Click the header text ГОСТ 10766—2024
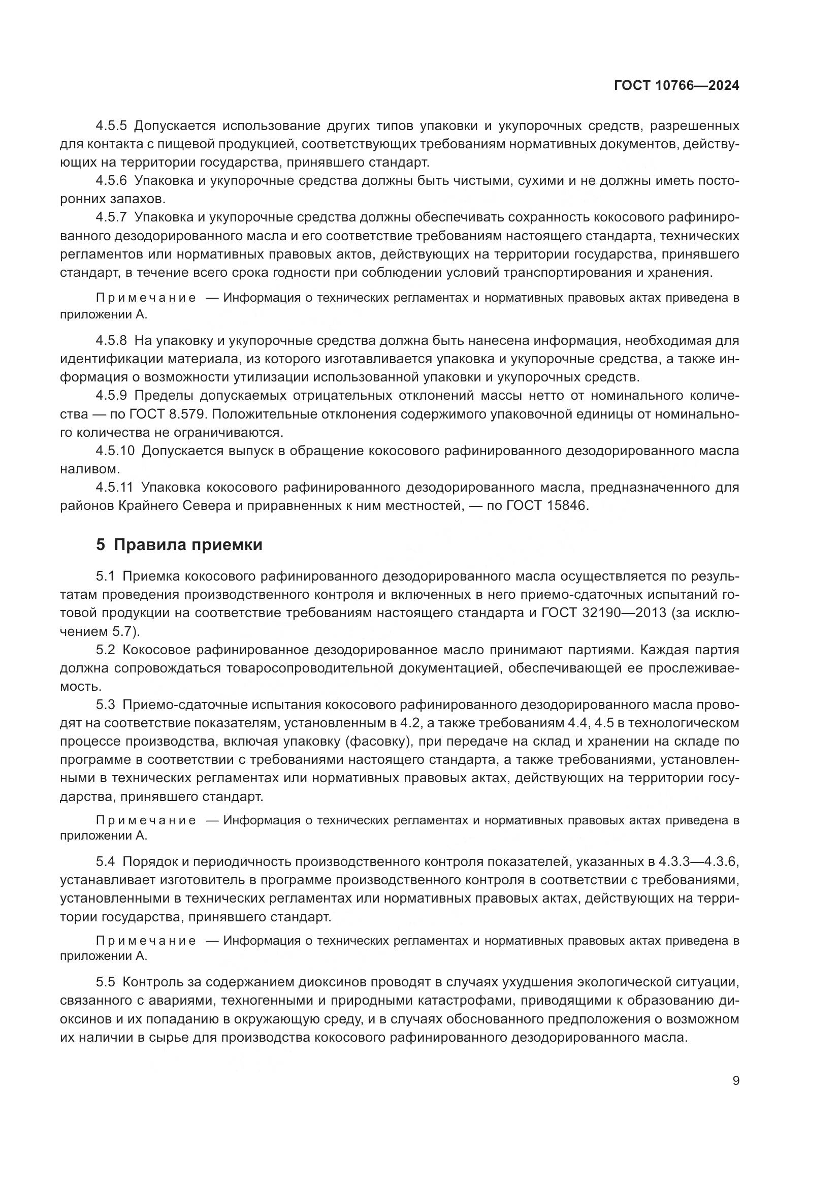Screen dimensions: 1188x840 coord(676,85)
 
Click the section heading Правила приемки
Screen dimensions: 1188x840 coord(188,545)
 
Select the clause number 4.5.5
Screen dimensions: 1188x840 coord(111,126)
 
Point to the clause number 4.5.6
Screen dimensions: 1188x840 coord(111,181)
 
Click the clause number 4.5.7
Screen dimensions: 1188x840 coord(111,217)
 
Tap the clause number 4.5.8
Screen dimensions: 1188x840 coord(111,340)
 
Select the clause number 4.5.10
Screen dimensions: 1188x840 coord(115,451)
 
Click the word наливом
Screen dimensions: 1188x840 coord(89,469)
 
